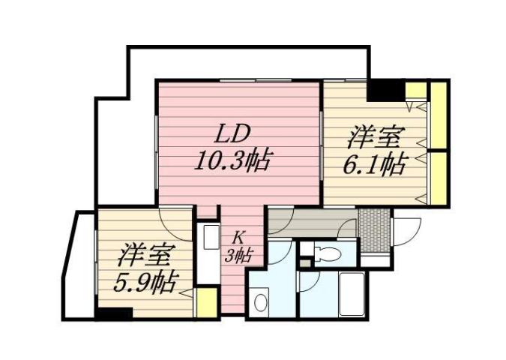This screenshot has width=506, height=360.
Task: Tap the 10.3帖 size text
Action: tap(232, 160)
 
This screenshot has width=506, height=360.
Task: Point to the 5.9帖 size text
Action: tap(146, 282)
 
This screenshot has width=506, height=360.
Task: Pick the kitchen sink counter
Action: tap(206, 250)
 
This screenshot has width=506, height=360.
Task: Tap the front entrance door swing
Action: tap(409, 228)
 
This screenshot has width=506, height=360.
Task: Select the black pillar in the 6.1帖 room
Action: tap(385, 91)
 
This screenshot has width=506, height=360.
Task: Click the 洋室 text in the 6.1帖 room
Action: tap(375, 139)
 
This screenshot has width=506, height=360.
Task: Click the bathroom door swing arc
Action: tap(309, 283)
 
